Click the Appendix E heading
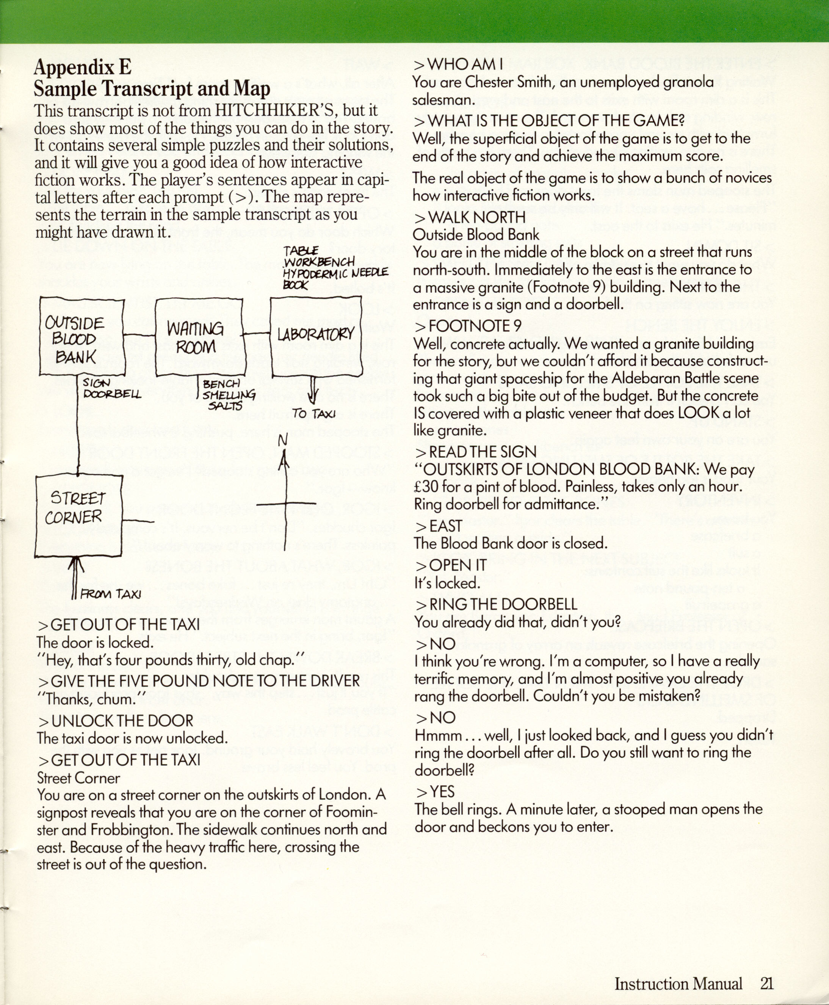click(82, 68)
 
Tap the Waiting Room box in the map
click(199, 338)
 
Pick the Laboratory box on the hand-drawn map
click(316, 334)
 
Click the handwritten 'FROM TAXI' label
click(110, 594)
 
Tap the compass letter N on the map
click(283, 441)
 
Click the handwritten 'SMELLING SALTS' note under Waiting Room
click(228, 400)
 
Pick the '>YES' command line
click(435, 791)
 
